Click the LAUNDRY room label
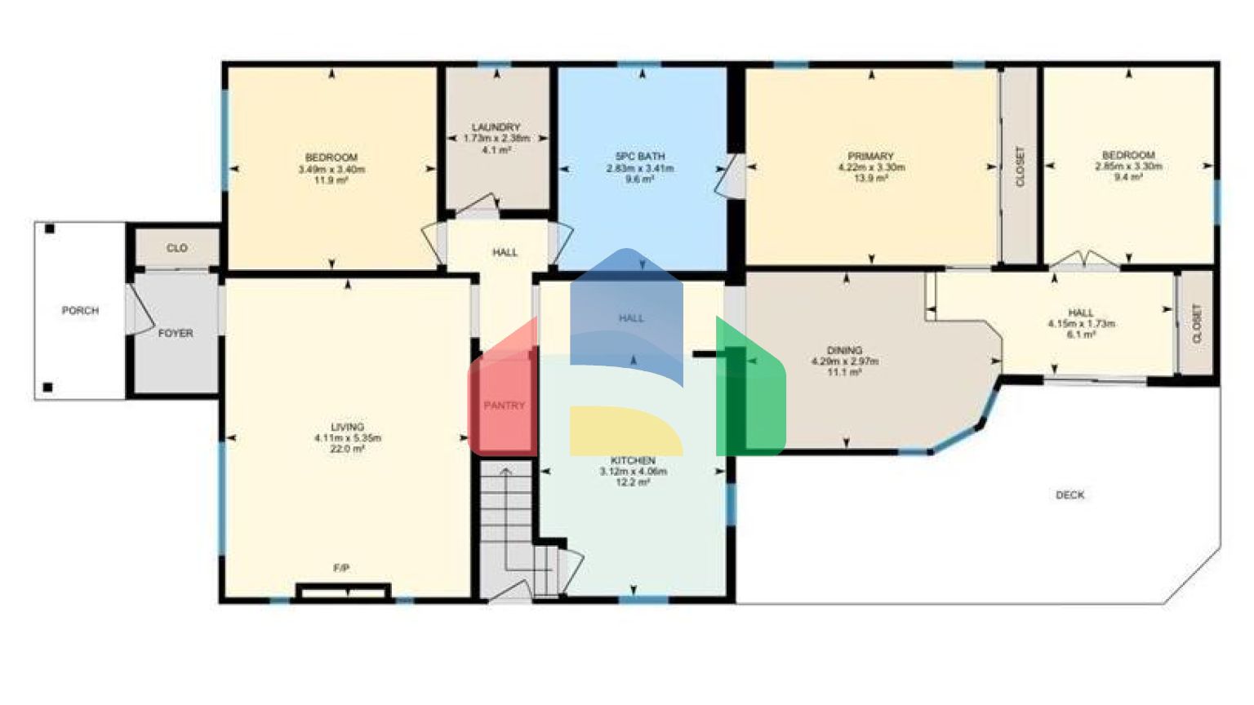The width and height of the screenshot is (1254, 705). pyautogui.click(x=496, y=127)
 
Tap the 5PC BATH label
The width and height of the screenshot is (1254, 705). pyautogui.click(x=639, y=156)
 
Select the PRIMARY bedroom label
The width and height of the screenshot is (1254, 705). pyautogui.click(x=870, y=156)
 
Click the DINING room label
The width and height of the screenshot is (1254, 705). pyautogui.click(x=844, y=350)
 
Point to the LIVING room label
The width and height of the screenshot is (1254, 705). pyautogui.click(x=347, y=427)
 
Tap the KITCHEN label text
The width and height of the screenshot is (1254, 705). pyautogui.click(x=633, y=461)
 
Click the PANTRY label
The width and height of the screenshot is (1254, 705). pyautogui.click(x=504, y=406)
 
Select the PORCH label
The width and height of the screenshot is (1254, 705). pyautogui.click(x=80, y=311)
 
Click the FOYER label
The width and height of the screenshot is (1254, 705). pyautogui.click(x=176, y=333)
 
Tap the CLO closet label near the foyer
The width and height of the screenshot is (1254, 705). pyautogui.click(x=176, y=248)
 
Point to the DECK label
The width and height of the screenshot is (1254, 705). pyautogui.click(x=1069, y=494)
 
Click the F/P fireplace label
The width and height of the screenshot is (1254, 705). pyautogui.click(x=341, y=568)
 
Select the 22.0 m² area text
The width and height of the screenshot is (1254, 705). pyautogui.click(x=347, y=449)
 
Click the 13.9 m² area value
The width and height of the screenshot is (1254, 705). pyautogui.click(x=870, y=178)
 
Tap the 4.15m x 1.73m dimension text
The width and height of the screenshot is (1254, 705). pyautogui.click(x=1081, y=323)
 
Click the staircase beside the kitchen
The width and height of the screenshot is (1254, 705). pyautogui.click(x=506, y=522)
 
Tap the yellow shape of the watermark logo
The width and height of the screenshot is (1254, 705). pyautogui.click(x=625, y=431)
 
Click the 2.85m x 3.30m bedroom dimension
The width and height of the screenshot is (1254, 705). pyautogui.click(x=1128, y=166)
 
